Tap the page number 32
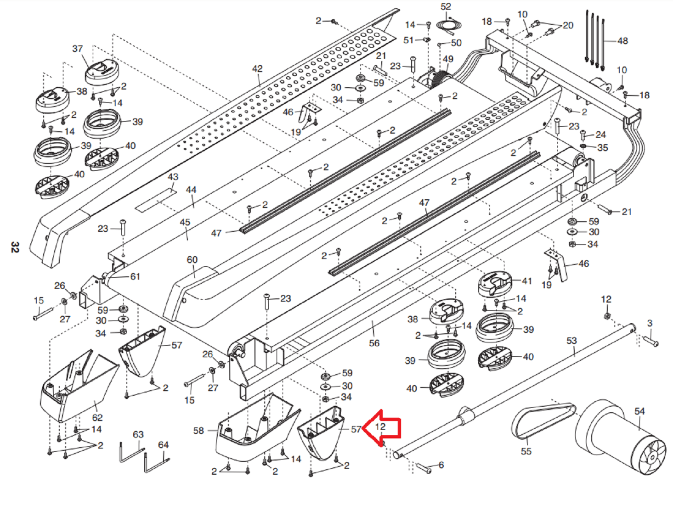point(15,247)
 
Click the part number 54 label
point(639,411)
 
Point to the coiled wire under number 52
point(448,25)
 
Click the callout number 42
point(257,69)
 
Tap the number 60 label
point(192,260)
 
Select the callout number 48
point(622,41)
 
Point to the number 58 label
point(198,431)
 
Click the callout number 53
point(571,341)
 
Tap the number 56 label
point(374,343)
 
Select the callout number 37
point(78,49)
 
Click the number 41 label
point(527,281)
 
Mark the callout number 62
point(97,418)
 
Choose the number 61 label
point(135,276)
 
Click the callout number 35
point(603,148)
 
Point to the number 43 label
point(173,177)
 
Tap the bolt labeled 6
point(423,468)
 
